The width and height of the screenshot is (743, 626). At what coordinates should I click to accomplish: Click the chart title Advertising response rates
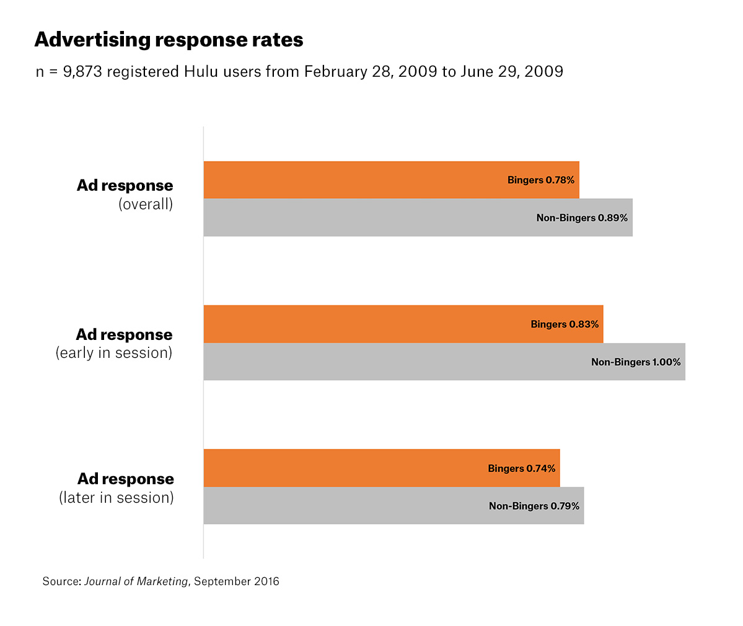point(169,40)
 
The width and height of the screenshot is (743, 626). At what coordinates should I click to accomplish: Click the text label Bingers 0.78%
point(541,180)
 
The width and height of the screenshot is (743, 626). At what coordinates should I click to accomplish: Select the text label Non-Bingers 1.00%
point(636,362)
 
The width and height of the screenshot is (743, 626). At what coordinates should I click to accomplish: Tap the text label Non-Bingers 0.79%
point(534,506)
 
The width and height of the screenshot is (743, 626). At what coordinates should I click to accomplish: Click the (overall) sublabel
point(146,204)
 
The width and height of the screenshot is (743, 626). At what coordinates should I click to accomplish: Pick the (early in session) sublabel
point(114,353)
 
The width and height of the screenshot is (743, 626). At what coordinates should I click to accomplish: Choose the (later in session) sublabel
point(117,498)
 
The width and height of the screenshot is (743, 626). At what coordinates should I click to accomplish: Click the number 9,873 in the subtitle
point(83,72)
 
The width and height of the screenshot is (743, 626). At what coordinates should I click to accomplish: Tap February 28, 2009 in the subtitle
point(370,72)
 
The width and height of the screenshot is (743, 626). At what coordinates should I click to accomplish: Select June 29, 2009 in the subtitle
point(511,72)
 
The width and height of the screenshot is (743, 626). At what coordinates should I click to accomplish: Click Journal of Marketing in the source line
point(136,581)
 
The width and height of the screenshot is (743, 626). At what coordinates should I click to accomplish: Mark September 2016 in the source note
point(237,581)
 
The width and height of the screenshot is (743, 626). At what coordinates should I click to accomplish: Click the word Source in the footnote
point(60,581)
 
